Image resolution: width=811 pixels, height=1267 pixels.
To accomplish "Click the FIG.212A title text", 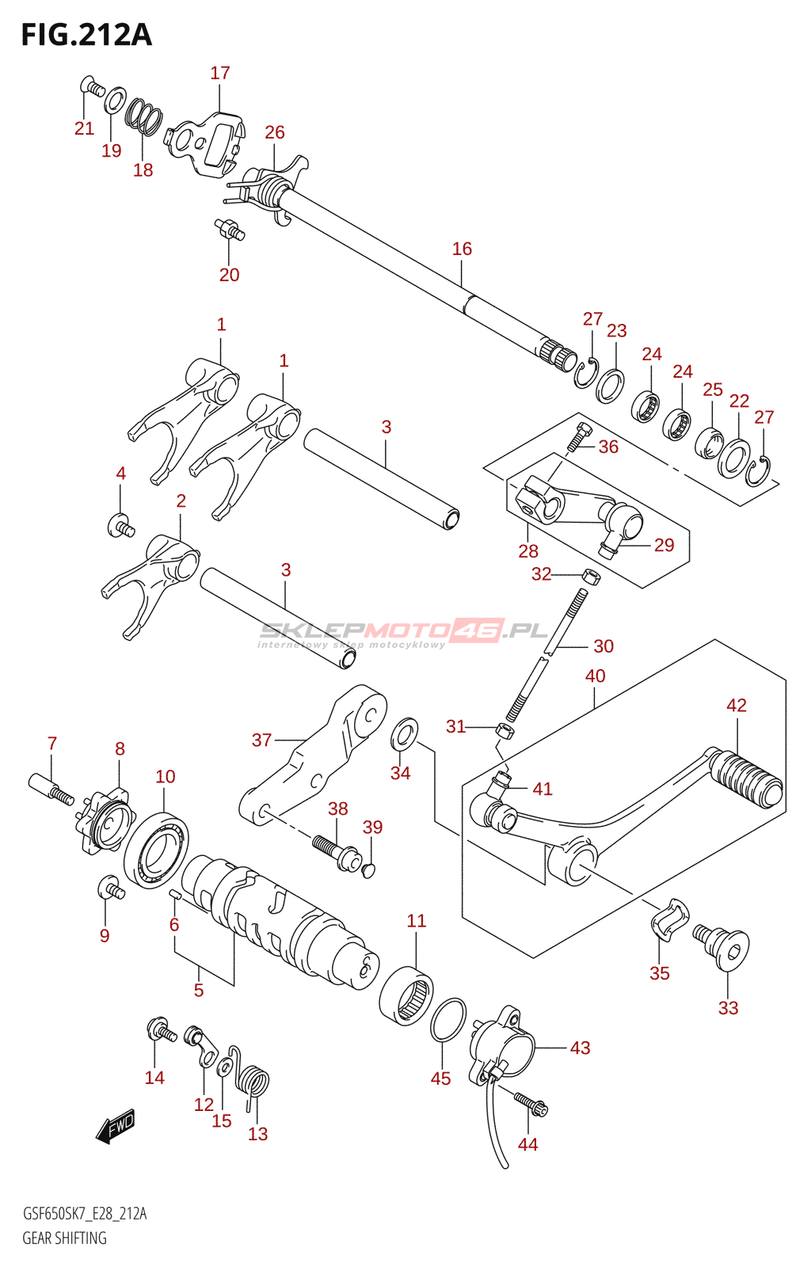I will (86, 35).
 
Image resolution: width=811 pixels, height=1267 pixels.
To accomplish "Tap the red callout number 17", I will (220, 73).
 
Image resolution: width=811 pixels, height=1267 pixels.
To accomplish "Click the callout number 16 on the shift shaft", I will (462, 249).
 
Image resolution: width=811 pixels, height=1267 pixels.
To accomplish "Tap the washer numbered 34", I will (405, 733).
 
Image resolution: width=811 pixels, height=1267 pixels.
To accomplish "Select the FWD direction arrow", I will (116, 1125).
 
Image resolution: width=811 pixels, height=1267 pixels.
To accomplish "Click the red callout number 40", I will (595, 675).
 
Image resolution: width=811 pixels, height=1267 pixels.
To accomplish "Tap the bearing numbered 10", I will (156, 850).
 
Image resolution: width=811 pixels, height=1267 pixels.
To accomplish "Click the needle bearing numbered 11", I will (406, 996).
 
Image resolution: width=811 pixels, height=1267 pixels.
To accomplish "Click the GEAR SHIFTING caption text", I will (65, 1238).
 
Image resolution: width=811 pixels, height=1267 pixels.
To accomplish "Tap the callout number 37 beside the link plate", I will (261, 740).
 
